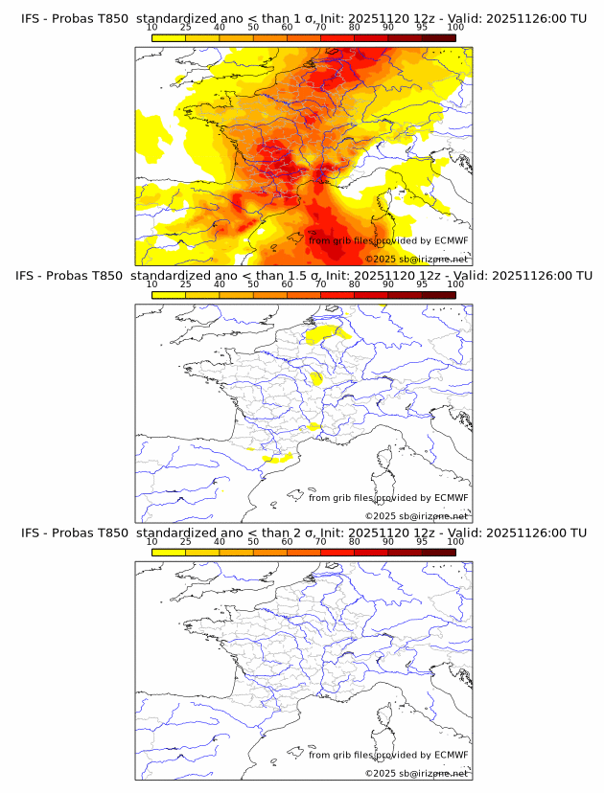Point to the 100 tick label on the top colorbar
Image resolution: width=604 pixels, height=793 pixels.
point(455,27)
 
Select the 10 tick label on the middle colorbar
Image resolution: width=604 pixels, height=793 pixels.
point(151,284)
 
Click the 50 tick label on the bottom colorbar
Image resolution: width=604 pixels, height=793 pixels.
point(253,541)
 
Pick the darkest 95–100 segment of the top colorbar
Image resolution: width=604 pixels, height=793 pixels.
point(439,37)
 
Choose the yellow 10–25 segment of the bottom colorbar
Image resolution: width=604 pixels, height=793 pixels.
point(169,552)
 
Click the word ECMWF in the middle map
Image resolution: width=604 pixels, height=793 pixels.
point(451,497)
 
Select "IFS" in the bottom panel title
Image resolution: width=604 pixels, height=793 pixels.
point(31,532)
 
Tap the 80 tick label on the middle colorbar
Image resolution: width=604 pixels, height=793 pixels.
point(355,284)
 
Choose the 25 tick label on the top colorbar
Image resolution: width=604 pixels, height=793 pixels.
point(185,27)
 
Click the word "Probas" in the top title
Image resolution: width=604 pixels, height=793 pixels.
point(74,18)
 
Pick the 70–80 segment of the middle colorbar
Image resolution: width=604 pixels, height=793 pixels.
point(337,295)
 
